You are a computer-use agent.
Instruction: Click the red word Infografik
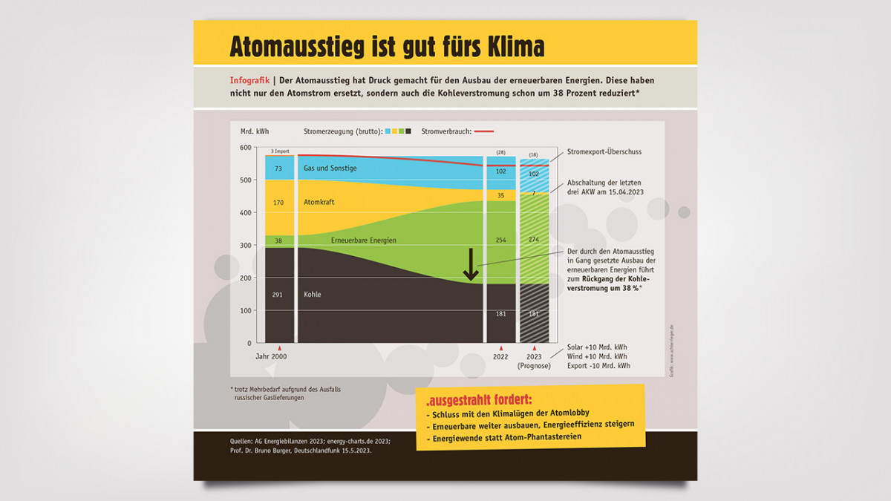[x=249, y=80]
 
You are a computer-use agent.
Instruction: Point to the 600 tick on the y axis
[x=245, y=147]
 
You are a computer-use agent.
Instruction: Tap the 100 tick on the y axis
[x=245, y=310]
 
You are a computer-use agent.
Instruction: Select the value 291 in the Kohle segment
[x=278, y=295]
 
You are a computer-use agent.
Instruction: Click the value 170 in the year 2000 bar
[x=278, y=202]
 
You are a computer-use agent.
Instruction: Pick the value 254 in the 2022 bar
[x=500, y=240]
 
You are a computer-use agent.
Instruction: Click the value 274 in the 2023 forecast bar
[x=534, y=240]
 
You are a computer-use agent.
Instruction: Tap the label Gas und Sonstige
[x=330, y=168]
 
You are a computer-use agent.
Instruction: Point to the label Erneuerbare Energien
[x=364, y=240]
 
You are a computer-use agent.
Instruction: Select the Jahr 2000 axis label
[x=271, y=356]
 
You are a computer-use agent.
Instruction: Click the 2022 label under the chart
[x=500, y=356]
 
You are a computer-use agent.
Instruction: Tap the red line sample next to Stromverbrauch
[x=483, y=131]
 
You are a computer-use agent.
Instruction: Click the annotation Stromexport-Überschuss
[x=604, y=151]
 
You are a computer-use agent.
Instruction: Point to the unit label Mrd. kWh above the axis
[x=255, y=131]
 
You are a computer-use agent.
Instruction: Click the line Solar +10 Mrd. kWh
[x=598, y=347]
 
